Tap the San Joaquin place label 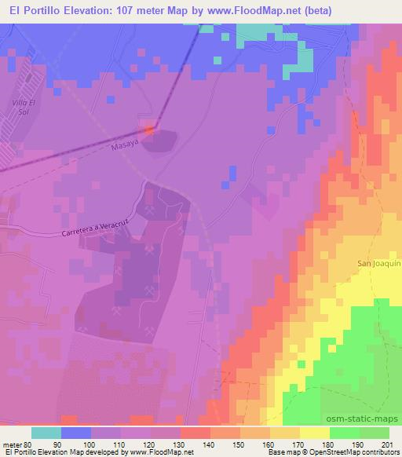tap(379, 263)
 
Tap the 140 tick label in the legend tap(210, 444)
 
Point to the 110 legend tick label tap(121, 444)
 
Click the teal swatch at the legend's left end tap(46, 433)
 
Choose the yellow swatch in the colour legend tap(314, 433)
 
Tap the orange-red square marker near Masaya tap(149, 126)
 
